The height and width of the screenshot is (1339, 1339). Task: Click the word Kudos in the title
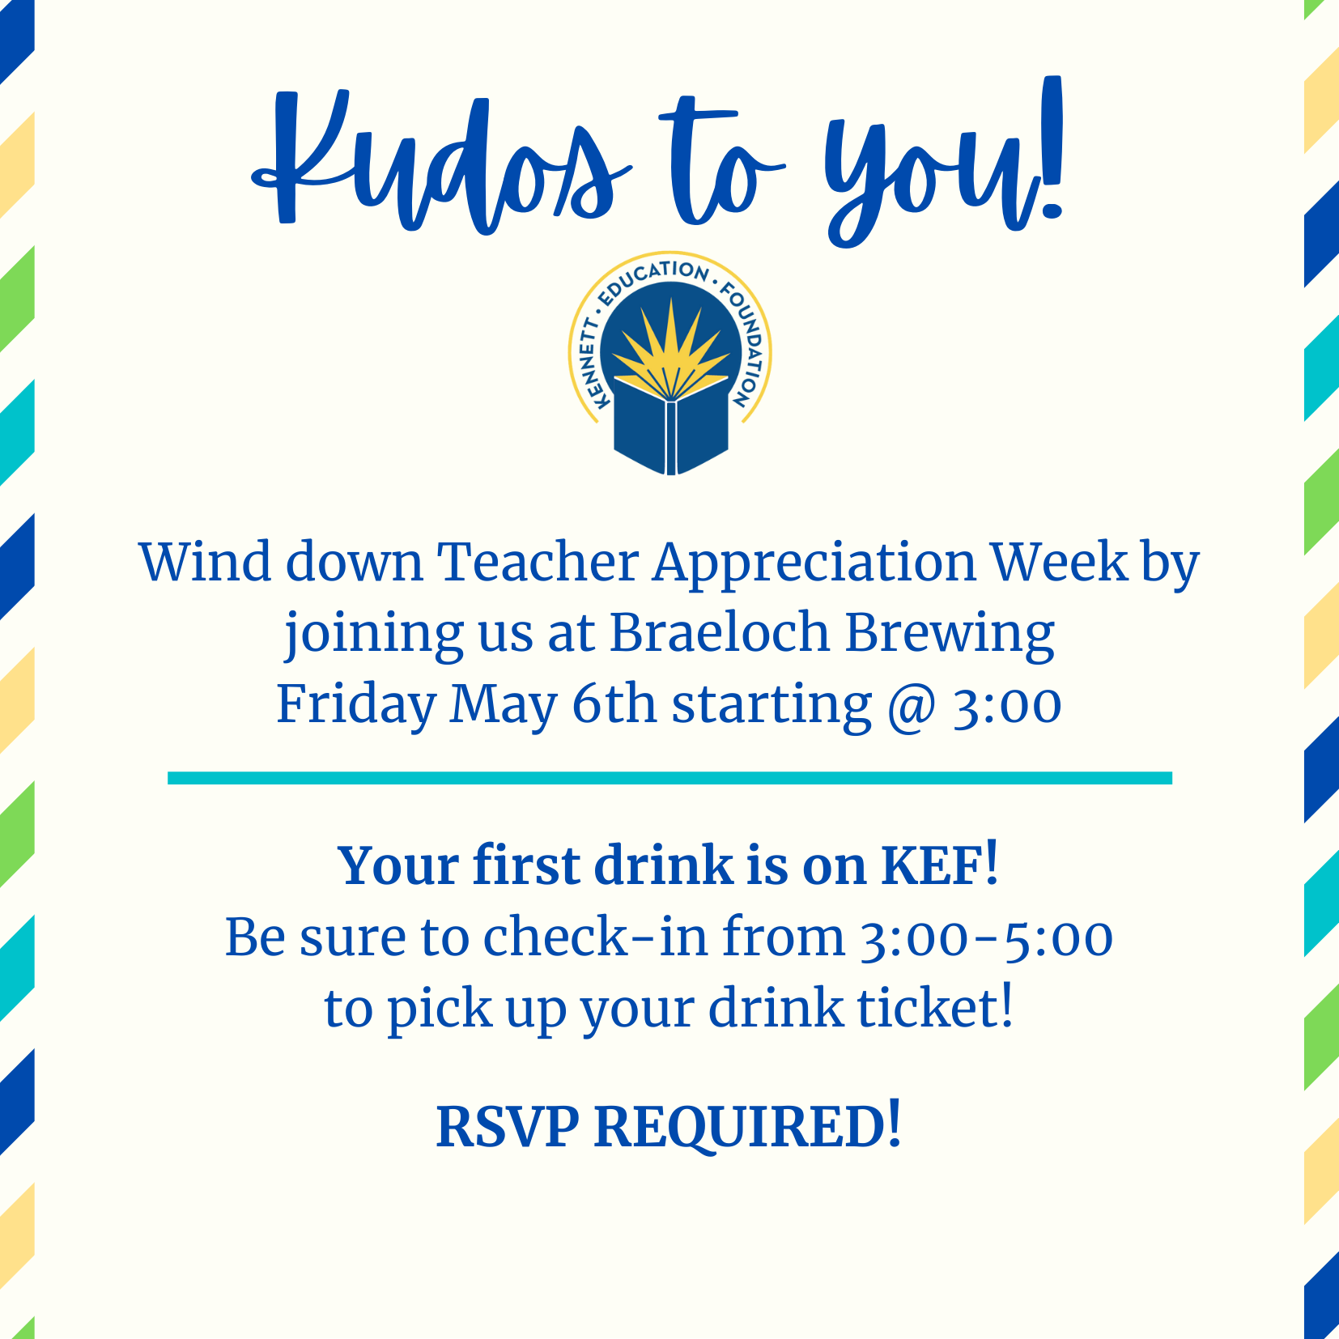[441, 162]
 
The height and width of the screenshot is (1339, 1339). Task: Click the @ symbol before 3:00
[912, 706]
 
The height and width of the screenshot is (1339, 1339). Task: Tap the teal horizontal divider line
[669, 778]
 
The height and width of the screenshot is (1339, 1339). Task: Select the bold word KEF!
[940, 865]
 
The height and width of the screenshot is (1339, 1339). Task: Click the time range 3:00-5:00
[986, 938]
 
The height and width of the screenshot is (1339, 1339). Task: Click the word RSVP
[508, 1126]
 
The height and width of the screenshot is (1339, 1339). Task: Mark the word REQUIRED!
[747, 1127]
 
